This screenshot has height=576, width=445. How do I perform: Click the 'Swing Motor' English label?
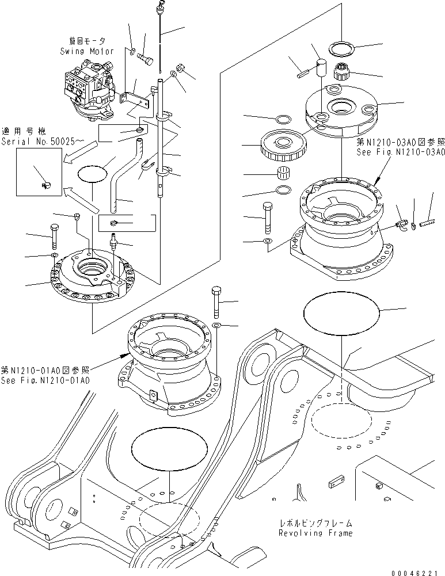86,51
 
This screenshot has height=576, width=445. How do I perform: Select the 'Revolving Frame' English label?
315,533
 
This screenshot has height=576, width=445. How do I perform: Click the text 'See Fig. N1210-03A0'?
400,152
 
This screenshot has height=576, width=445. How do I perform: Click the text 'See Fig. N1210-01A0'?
45,380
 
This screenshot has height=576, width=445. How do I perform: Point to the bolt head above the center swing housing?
216,291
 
